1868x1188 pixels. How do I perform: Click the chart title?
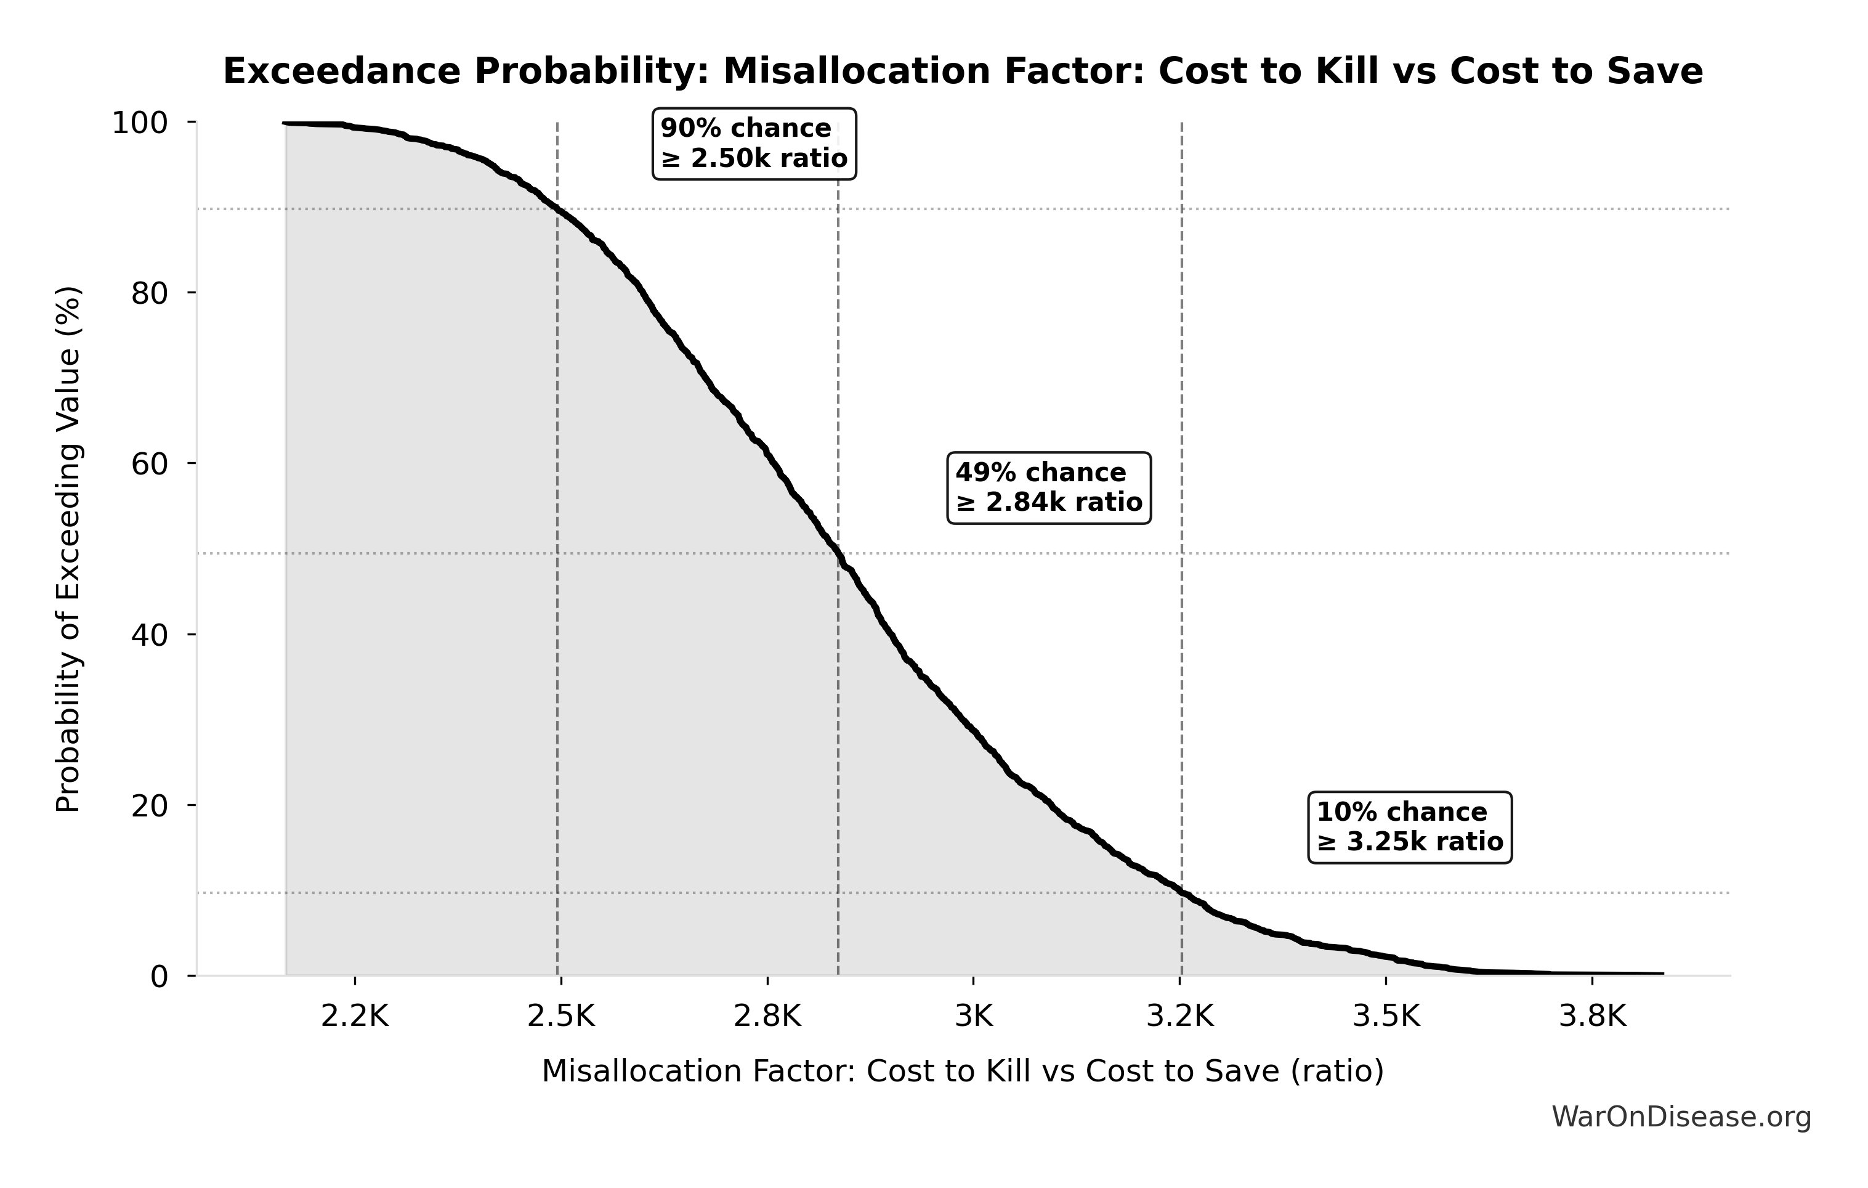coord(963,72)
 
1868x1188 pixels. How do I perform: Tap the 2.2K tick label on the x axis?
coord(355,1017)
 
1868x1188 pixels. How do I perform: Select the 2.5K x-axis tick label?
coord(561,1017)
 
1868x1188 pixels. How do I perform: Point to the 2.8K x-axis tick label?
coord(767,1017)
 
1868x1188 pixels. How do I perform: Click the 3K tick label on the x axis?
coord(974,1017)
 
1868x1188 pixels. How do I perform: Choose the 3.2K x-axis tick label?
coord(1180,1017)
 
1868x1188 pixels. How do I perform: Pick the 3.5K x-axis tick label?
coord(1386,1017)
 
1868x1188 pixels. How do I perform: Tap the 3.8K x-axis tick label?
coord(1593,1017)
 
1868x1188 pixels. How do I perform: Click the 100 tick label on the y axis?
coord(140,123)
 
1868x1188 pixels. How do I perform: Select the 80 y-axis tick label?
coord(149,293)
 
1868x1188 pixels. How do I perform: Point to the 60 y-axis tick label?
coord(149,464)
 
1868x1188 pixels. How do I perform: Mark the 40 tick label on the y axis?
coord(149,635)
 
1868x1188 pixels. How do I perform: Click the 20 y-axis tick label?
coord(149,805)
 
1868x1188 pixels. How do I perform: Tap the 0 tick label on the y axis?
coord(159,977)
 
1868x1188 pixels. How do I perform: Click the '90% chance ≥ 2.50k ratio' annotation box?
coord(754,144)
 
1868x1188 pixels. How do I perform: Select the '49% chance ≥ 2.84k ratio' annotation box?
coord(1049,488)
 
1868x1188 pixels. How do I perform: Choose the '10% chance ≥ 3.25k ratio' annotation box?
coord(1410,827)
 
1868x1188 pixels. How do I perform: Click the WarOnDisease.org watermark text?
coord(1681,1117)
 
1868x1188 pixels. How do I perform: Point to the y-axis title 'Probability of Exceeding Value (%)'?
coord(68,550)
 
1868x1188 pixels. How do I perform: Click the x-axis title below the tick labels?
coord(963,1072)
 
